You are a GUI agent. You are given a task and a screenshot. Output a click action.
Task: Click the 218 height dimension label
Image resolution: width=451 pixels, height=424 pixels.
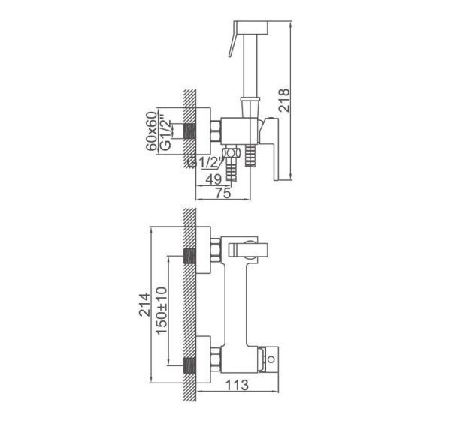[284, 101]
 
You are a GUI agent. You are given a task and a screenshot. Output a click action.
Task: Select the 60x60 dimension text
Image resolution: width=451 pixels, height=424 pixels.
[152, 131]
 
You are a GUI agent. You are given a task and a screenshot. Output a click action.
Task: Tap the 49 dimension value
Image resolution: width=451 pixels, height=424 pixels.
[213, 179]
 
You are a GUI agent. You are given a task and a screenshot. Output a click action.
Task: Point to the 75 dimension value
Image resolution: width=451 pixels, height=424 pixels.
[223, 193]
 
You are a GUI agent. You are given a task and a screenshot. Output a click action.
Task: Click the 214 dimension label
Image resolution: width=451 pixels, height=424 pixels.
[144, 305]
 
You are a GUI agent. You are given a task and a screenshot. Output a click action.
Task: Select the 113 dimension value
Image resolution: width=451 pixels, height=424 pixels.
[237, 385]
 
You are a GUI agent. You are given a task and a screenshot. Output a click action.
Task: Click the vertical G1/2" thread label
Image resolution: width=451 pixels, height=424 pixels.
[165, 132]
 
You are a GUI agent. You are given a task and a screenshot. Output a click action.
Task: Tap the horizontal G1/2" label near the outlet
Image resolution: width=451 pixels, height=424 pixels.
[205, 163]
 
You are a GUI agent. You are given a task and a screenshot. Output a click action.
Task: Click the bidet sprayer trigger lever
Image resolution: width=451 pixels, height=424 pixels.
[233, 39]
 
